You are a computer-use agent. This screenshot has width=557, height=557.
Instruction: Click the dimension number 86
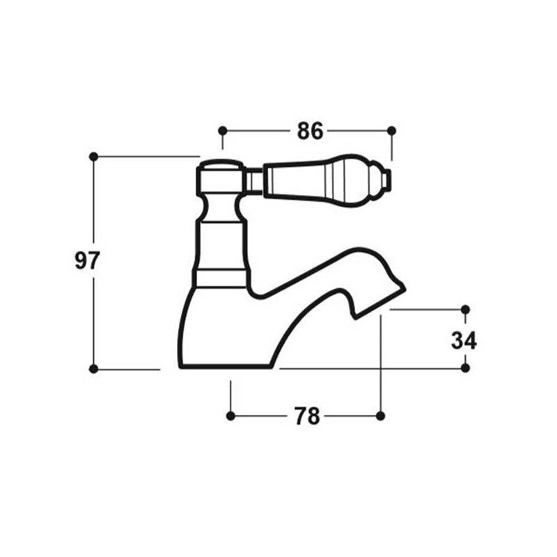pyautogui.click(x=310, y=130)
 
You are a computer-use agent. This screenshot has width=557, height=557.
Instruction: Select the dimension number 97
pyautogui.click(x=88, y=261)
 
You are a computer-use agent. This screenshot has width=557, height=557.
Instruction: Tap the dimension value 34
pyautogui.click(x=464, y=340)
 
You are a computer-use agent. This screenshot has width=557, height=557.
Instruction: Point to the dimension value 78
pyautogui.click(x=306, y=416)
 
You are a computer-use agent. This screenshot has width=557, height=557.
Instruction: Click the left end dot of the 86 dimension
pyautogui.click(x=223, y=130)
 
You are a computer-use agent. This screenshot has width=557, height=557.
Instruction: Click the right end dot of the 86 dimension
pyautogui.click(x=391, y=130)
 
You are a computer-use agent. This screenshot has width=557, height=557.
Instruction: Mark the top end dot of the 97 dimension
pyautogui.click(x=94, y=157)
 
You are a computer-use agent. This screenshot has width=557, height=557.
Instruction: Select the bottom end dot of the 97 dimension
pyautogui.click(x=94, y=368)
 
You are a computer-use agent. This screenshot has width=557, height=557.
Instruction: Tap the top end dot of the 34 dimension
pyautogui.click(x=466, y=309)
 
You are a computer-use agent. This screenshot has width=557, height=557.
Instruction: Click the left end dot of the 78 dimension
pyautogui.click(x=230, y=416)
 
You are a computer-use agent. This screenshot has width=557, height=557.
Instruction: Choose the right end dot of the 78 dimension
pyautogui.click(x=380, y=416)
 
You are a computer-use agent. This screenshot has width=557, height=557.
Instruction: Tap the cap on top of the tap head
pyautogui.click(x=220, y=166)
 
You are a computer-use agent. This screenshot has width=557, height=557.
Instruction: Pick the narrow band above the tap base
pyautogui.click(x=220, y=278)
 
